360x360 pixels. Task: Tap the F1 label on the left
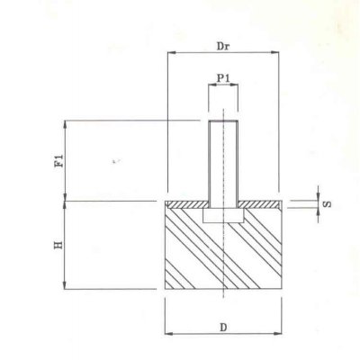(59, 162)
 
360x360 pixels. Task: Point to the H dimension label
(59, 246)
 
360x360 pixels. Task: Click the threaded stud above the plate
(223, 162)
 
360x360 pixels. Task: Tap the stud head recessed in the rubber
(223, 217)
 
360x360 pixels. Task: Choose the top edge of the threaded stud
(223, 121)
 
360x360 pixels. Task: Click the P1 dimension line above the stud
(224, 88)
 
